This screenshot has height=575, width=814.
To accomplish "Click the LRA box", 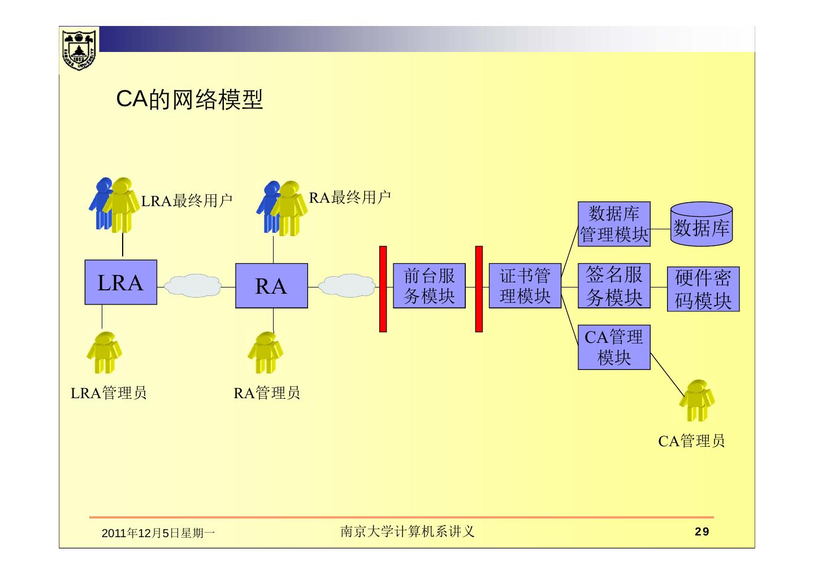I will [120, 282].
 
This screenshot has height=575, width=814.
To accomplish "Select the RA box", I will [271, 286].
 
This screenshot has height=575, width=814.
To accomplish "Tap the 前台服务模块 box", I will [429, 286].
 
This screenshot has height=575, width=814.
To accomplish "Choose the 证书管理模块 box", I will [525, 286].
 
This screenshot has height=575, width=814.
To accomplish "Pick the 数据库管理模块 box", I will [614, 224].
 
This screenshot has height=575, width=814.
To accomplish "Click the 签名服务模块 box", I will [614, 286].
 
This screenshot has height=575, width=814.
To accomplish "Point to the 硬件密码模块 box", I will [703, 289].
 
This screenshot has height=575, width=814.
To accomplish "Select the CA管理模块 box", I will [614, 347].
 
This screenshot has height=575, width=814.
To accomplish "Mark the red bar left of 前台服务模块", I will [383, 289].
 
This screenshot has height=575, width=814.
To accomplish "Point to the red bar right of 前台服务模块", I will [479, 289].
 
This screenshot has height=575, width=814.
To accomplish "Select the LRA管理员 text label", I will [109, 393].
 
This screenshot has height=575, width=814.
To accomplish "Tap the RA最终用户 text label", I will [350, 198].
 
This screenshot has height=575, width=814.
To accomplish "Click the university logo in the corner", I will [79, 49].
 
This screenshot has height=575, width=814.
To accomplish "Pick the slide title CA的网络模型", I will [189, 99].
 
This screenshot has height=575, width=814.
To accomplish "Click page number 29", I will [702, 532].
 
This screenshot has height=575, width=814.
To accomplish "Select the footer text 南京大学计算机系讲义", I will [407, 532].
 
